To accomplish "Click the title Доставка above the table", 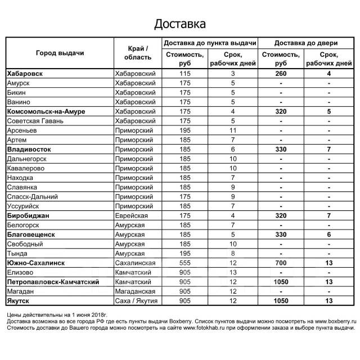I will [x=180, y=24].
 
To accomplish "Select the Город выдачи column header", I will [x=60, y=53].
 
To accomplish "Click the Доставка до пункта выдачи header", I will [x=210, y=43].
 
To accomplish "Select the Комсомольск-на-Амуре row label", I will [x=46, y=112].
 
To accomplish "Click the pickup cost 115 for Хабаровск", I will [x=185, y=74].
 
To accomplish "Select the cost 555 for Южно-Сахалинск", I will [x=185, y=263].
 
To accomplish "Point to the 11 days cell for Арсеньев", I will [x=232, y=131].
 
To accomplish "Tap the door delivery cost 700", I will [x=281, y=263].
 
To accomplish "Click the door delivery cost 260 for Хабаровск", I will [x=281, y=74].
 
